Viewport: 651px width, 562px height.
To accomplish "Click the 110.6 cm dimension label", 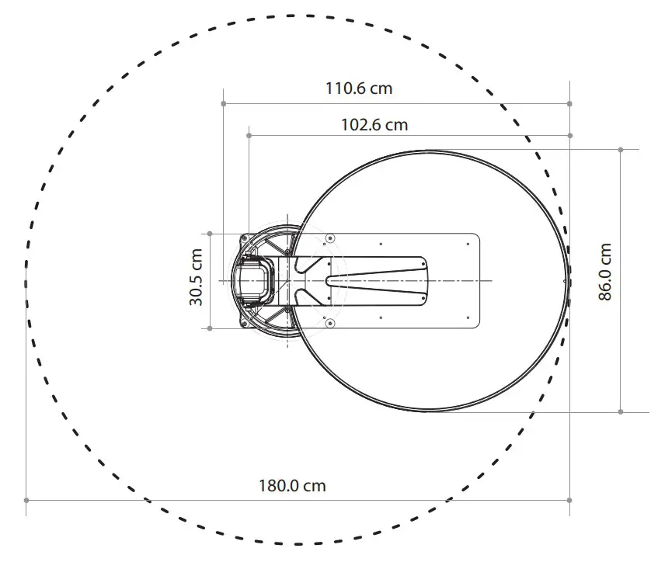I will [359, 88].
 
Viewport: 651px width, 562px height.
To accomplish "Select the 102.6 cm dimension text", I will [374, 124].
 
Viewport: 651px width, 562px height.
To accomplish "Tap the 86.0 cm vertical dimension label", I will [605, 272].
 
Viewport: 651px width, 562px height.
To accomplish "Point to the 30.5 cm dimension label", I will [197, 277].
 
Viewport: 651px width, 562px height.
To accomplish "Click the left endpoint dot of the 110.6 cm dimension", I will [224, 103].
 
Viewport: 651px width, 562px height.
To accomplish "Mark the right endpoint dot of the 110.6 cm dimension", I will [570, 103].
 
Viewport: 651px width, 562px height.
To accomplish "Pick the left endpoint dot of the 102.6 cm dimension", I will [249, 136].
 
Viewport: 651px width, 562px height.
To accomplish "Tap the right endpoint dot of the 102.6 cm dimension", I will [570, 136].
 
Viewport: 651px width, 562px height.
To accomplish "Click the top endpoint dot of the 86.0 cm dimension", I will [621, 148].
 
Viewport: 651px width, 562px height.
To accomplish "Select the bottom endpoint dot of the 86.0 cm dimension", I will [621, 411].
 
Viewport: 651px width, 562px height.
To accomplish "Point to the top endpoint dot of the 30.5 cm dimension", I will [210, 233].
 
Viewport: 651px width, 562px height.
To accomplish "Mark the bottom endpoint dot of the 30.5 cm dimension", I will [210, 328].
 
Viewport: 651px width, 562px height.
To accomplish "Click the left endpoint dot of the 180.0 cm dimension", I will [26, 500].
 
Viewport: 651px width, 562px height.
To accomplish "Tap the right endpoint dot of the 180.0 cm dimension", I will [570, 500].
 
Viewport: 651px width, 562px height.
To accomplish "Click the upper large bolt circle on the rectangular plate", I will [331, 237].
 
